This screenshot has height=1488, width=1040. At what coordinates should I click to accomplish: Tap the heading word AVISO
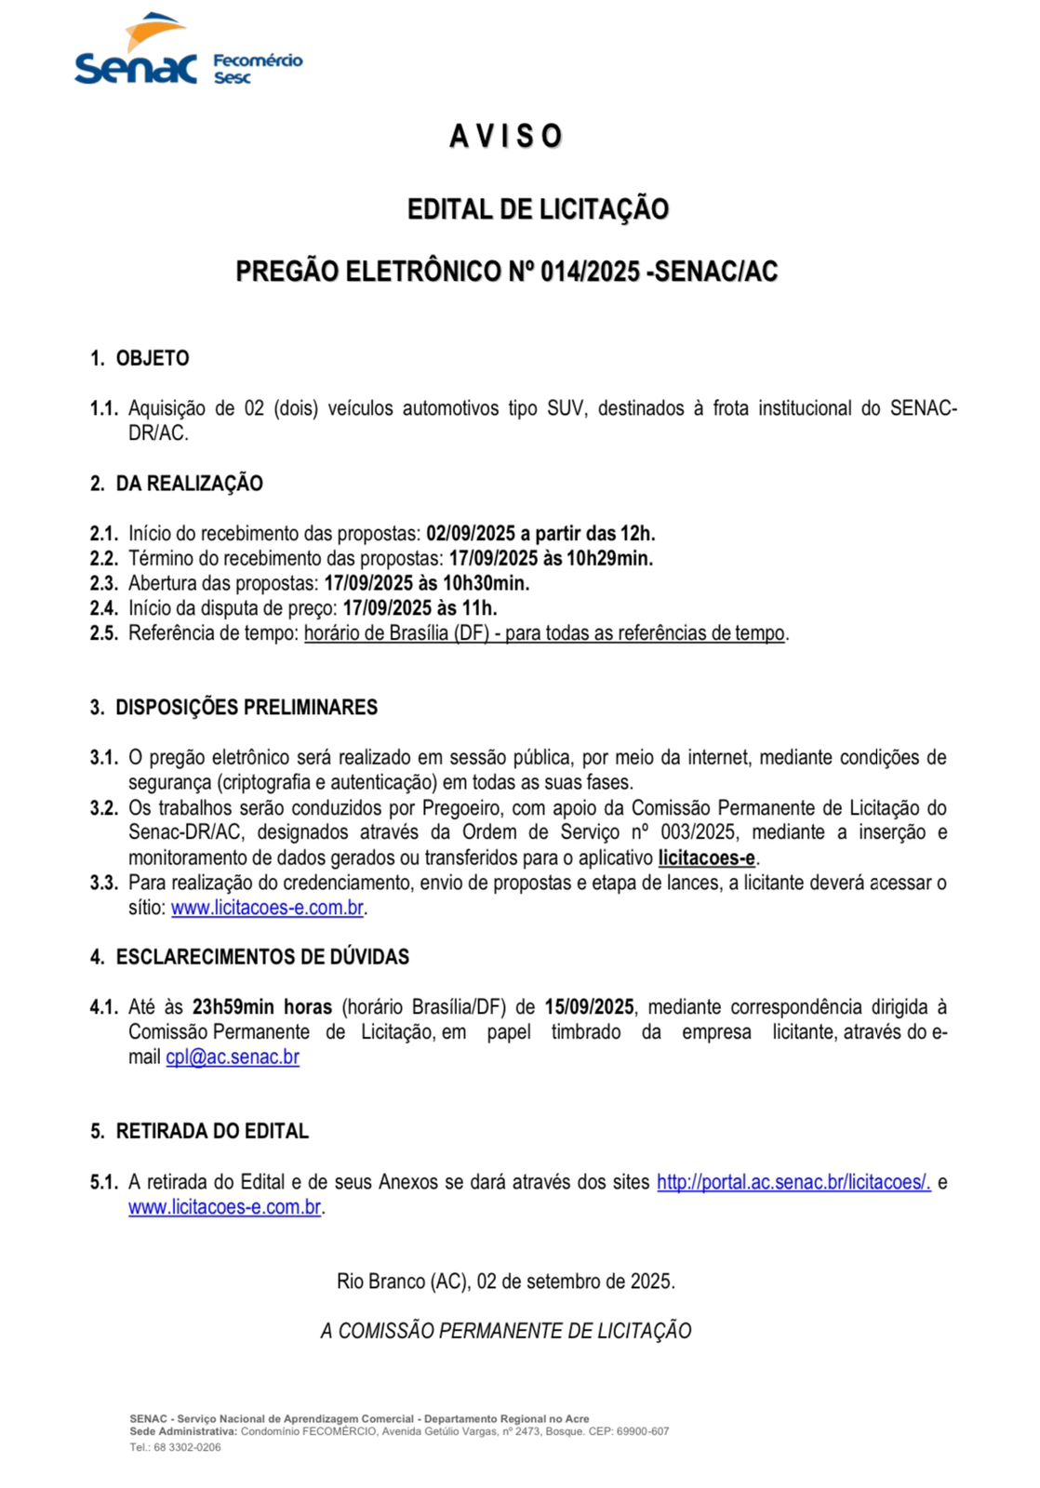pos(506,137)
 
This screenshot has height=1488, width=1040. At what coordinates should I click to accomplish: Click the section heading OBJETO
pos(153,359)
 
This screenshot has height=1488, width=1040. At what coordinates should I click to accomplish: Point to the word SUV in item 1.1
pos(567,408)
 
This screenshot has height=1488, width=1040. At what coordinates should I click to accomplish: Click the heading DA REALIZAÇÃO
pos(189,484)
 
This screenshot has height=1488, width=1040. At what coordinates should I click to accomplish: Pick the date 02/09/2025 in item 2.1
pos(471,534)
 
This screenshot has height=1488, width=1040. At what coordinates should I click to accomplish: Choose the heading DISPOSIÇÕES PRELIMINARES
pos(247,708)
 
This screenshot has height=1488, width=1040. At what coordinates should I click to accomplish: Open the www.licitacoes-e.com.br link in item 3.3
pos(267,908)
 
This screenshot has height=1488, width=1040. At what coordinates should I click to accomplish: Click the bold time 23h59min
pos(233,1007)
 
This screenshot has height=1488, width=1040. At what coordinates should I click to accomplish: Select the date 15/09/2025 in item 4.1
pos(589,1007)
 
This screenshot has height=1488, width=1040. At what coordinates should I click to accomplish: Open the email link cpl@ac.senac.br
pos(233,1057)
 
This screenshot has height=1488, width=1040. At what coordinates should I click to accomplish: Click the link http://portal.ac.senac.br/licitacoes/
pos(793,1183)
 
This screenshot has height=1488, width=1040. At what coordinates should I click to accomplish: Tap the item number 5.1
pos(104,1183)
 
